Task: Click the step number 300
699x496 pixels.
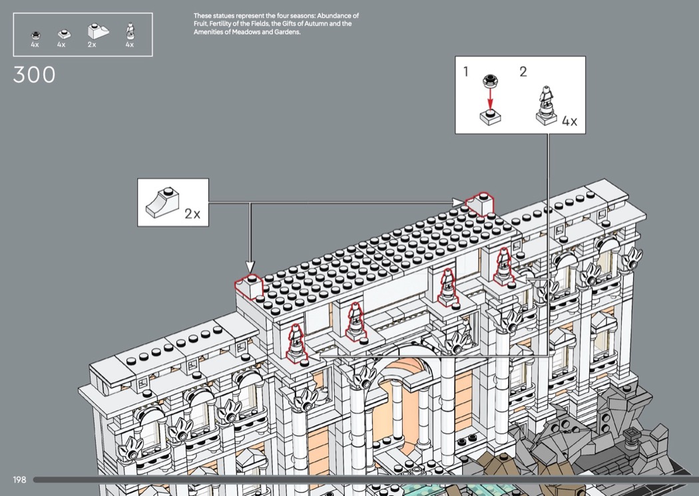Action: point(35,75)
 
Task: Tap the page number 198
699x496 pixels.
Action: point(19,479)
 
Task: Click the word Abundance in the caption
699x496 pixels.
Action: point(335,15)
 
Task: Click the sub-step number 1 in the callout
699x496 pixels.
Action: point(466,71)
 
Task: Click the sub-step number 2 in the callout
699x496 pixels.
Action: point(523,71)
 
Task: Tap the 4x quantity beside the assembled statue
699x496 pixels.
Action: point(569,121)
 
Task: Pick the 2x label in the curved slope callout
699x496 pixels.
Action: point(192,213)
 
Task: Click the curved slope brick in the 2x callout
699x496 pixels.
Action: point(162,203)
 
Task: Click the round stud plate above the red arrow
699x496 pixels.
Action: point(490,80)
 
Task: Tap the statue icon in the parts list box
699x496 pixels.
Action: point(130,32)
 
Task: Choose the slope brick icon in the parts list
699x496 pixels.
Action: point(98,32)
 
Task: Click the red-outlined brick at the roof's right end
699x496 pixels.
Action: point(480,203)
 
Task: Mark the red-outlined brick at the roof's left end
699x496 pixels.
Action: point(249,287)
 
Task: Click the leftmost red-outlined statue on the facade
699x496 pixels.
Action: point(296,345)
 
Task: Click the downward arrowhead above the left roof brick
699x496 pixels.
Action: point(250,267)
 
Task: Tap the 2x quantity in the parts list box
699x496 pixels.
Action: point(92,45)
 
